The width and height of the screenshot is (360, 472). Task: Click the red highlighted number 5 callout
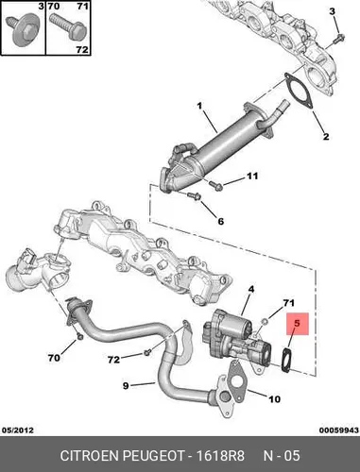point(298,324)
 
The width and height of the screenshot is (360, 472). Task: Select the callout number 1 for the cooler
point(199,106)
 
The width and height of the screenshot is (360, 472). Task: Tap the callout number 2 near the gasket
point(326,136)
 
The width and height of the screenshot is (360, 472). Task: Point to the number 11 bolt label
point(252,176)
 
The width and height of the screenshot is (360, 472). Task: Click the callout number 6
point(221,221)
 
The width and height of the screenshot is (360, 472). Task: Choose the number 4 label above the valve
point(251,289)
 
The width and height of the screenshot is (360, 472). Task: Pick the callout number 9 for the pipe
point(126,385)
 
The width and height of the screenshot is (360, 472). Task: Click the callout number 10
point(274,399)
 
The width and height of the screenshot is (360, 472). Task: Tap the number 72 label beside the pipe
point(113,360)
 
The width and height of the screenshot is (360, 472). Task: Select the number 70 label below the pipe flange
point(54,358)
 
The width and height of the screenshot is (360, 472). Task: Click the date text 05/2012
point(18,430)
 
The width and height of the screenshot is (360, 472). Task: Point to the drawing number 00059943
point(339,430)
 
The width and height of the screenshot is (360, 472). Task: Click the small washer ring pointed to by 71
point(266,321)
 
